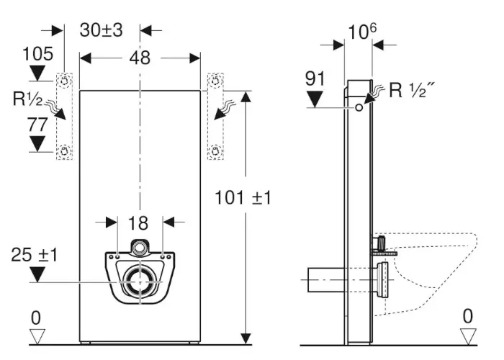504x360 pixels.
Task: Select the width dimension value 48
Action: click(x=140, y=58)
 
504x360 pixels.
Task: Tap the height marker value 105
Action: click(x=37, y=53)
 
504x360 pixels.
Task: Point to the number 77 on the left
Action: click(x=37, y=124)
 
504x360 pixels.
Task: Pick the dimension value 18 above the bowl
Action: click(x=140, y=222)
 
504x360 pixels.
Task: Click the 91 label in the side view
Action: click(x=316, y=78)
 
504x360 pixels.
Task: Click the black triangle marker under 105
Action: click(x=37, y=72)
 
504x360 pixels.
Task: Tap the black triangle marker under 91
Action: click(x=316, y=98)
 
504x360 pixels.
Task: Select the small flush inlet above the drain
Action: click(x=140, y=248)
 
